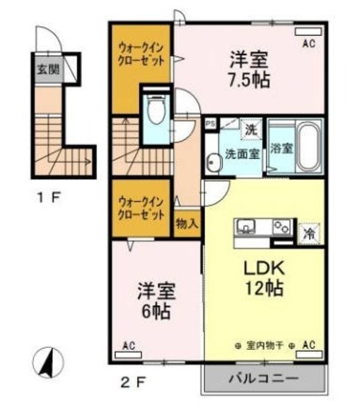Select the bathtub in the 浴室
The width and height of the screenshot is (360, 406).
click(x=308, y=147)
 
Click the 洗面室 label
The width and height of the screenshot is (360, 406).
click(x=241, y=153)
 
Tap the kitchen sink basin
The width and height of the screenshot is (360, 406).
click(x=246, y=226)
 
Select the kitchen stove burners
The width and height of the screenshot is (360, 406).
click(x=281, y=226)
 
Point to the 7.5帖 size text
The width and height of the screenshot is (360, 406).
click(x=250, y=80)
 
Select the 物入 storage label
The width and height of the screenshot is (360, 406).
click(x=187, y=223)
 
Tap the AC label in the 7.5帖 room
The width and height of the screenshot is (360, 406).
click(x=309, y=44)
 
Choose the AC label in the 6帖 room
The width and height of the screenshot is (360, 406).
click(x=130, y=346)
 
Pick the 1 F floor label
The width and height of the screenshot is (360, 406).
click(x=48, y=197)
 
